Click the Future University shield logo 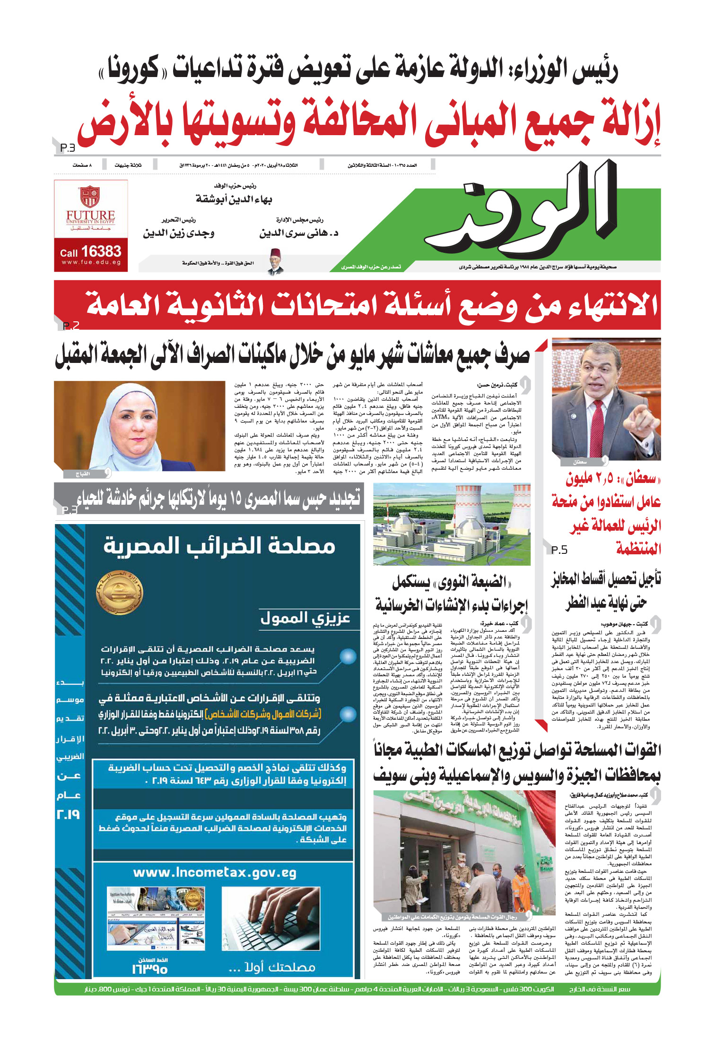(x=90, y=197)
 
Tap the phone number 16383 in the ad (x=101, y=251)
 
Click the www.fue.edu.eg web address (x=91, y=263)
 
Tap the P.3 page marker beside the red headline (x=68, y=148)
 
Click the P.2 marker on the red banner (x=70, y=326)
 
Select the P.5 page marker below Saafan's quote (x=559, y=550)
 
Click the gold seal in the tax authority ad (x=119, y=593)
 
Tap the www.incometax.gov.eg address (x=215, y=873)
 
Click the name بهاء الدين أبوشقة (x=234, y=199)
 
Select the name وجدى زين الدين (x=179, y=233)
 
